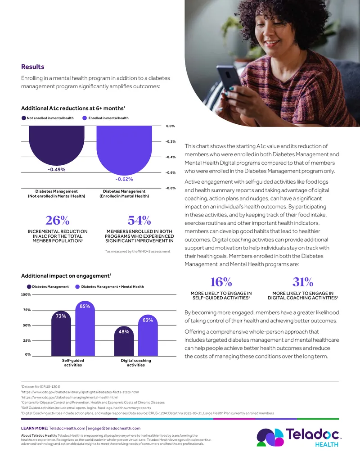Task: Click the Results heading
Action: pyautogui.click(x=33, y=67)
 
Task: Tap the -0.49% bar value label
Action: pyautogui.click(x=56, y=169)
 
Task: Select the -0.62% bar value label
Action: pyautogui.click(x=124, y=179)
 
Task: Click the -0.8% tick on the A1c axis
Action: pyautogui.click(x=171, y=188)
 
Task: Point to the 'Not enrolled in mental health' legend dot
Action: pyautogui.click(x=24, y=118)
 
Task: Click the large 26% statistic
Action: pyautogui.click(x=57, y=221)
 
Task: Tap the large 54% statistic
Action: pyautogui.click(x=139, y=221)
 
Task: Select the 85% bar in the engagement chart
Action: pyautogui.click(x=85, y=328)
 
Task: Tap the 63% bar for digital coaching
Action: pyautogui.click(x=148, y=335)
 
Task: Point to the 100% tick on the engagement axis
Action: pyautogui.click(x=26, y=294)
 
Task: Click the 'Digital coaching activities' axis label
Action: pyautogui.click(x=136, y=362)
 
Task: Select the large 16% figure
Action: pyautogui.click(x=221, y=282)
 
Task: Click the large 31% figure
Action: pyautogui.click(x=303, y=282)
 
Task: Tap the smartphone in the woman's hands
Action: pyautogui.click(x=229, y=78)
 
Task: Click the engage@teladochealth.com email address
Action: pyautogui.click(x=114, y=428)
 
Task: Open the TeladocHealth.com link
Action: pyautogui.click(x=67, y=428)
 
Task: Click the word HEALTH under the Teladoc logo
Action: pyautogui.click(x=327, y=444)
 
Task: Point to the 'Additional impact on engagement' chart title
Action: pyautogui.click(x=66, y=276)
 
